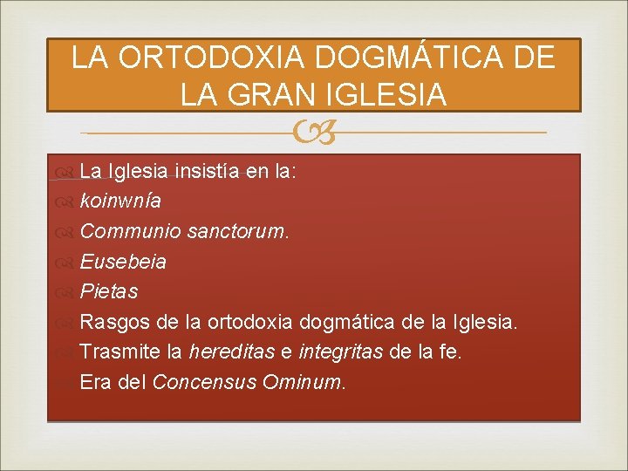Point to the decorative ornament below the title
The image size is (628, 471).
[x=314, y=133]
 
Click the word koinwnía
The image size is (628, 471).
[x=120, y=201]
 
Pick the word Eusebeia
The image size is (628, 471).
[x=123, y=262]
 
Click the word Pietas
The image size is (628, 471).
[x=109, y=291]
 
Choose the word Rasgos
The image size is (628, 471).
[x=115, y=322]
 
